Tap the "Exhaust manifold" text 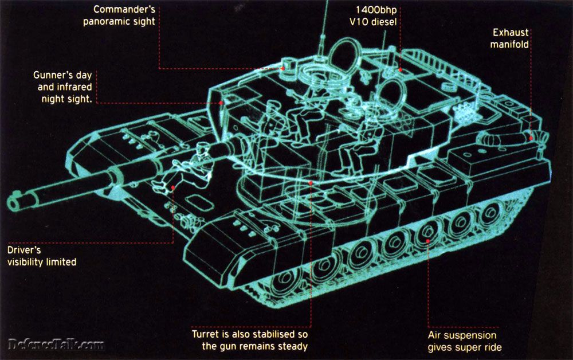point(509,38)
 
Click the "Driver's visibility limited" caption point(41,256)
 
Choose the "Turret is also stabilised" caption point(250,340)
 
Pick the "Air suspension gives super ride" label point(462,341)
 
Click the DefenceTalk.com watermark point(56,345)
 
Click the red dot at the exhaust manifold point(531,138)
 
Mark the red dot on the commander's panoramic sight point(282,69)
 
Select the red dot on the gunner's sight point(222,103)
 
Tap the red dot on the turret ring point(310,183)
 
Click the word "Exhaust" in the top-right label point(509,33)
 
